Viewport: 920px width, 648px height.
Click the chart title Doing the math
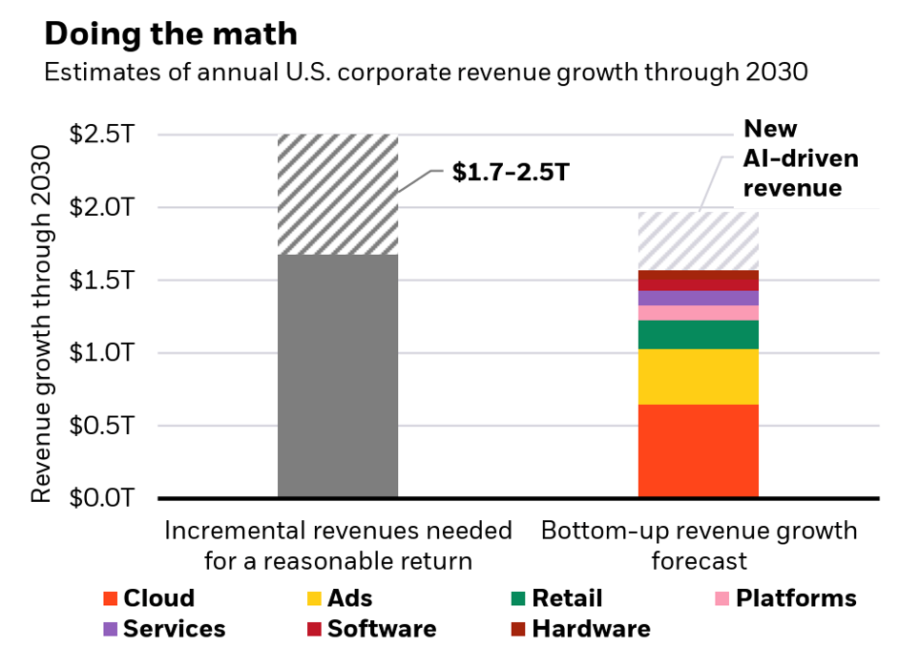point(171,34)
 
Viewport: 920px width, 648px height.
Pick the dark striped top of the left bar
point(337,195)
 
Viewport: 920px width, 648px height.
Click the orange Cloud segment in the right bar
point(698,450)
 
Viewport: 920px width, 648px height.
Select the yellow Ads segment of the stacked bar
point(698,377)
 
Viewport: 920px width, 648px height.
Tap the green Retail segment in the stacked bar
point(698,334)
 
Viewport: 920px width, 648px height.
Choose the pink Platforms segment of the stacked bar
point(698,312)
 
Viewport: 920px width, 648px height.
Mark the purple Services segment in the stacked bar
point(698,298)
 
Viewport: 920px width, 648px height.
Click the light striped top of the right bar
point(698,240)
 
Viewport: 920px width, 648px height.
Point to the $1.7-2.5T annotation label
point(503,174)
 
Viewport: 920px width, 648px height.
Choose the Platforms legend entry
point(786,598)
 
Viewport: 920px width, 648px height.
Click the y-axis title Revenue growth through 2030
point(41,324)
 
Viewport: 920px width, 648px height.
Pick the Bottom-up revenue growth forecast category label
point(699,545)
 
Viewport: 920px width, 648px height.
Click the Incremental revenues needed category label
point(338,545)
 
